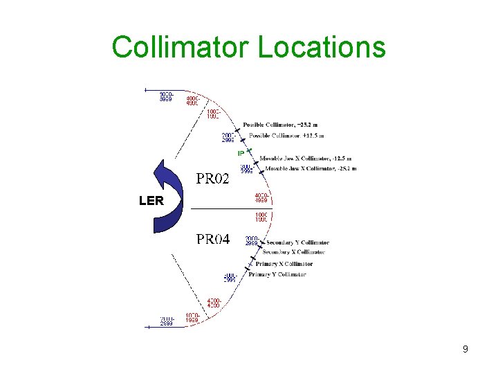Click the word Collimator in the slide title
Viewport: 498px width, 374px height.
[x=181, y=47]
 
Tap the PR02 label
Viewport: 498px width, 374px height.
[x=212, y=179]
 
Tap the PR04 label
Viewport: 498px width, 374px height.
[x=213, y=240]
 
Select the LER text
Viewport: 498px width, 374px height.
[x=151, y=202]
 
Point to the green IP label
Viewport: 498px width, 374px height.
[x=241, y=153]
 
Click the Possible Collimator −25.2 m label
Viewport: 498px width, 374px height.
[x=282, y=125]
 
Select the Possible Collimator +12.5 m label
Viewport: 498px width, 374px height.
[x=286, y=135]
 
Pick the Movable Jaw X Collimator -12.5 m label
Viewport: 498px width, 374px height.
[x=305, y=158]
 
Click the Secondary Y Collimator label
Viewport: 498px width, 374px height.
[x=297, y=242]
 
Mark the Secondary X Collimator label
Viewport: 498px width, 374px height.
[x=294, y=252]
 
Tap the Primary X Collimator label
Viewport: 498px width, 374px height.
[x=284, y=264]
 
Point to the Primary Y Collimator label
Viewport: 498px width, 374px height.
[x=277, y=275]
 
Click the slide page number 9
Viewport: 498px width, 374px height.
[x=465, y=349]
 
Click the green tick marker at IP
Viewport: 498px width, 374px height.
[x=249, y=150]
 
